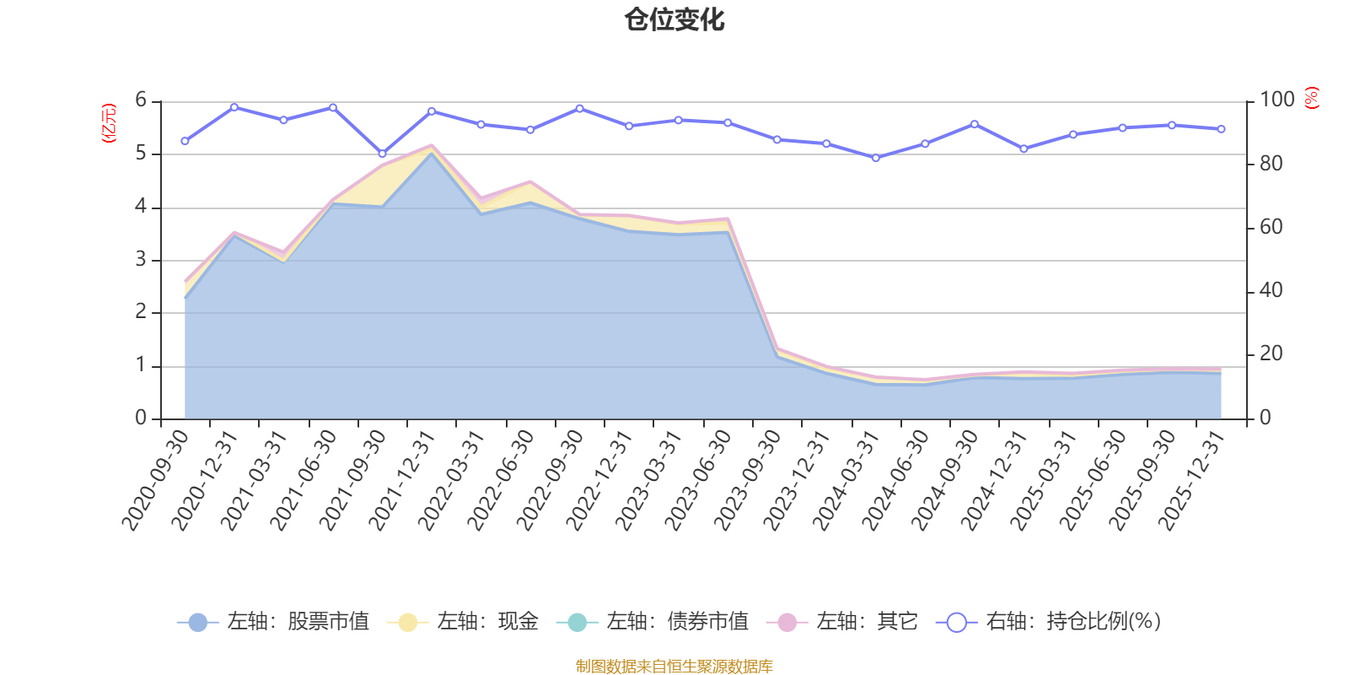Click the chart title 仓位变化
[674, 19]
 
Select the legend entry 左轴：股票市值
[273, 622]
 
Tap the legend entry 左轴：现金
[463, 622]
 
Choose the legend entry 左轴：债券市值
[653, 622]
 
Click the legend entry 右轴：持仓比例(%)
[1049, 622]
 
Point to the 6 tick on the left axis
[141, 100]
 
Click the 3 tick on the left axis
[141, 260]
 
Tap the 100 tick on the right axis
[1276, 100]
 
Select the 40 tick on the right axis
[1271, 291]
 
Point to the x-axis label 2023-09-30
[750, 480]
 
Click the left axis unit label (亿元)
[109, 123]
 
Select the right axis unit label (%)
[1311, 98]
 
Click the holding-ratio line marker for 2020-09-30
[185, 141]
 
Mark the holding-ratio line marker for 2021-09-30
[382, 154]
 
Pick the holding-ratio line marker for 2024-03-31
[875, 158]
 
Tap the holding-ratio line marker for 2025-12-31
[1221, 129]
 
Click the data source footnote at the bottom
[674, 667]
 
